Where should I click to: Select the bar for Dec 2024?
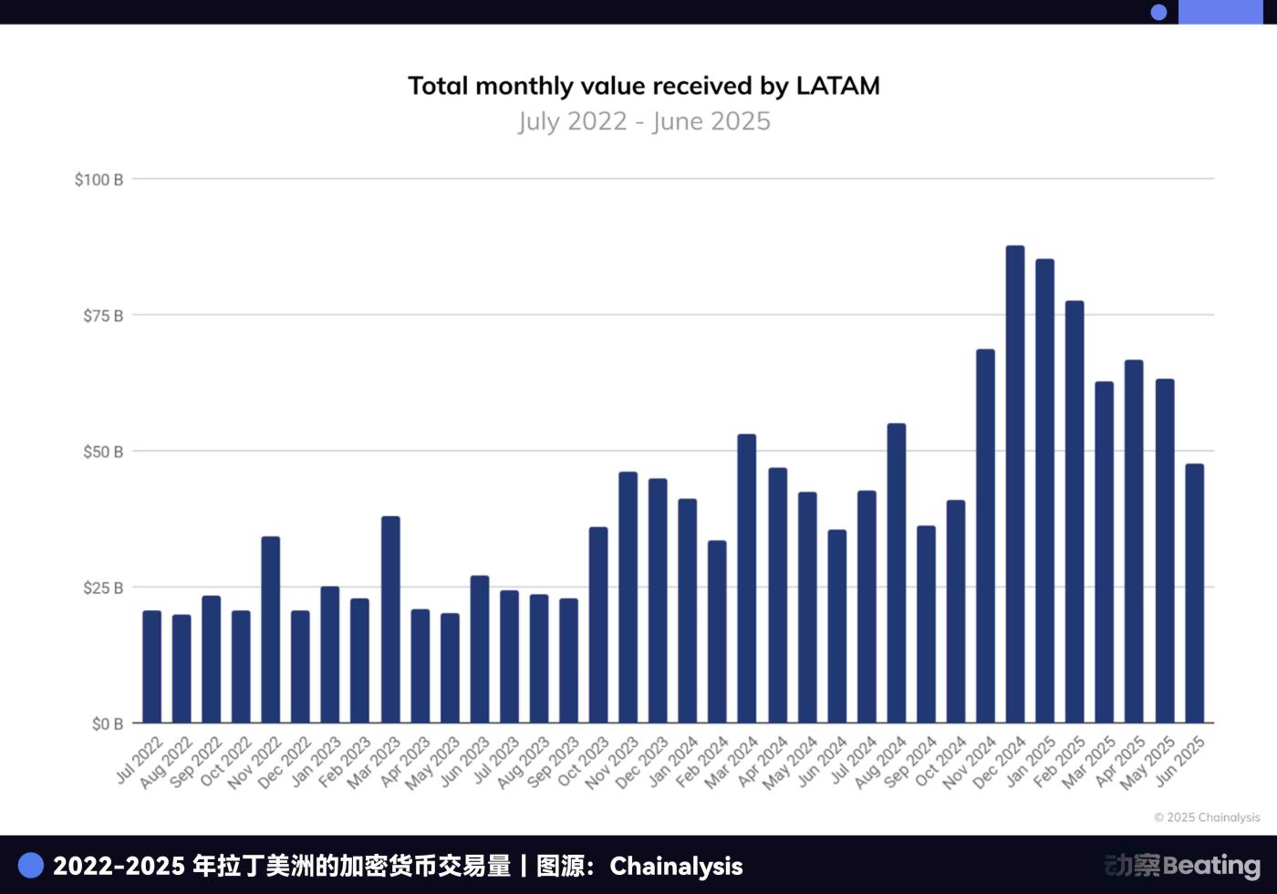click(1015, 484)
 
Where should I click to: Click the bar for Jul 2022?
click(151, 667)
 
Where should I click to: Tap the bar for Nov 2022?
click(271, 629)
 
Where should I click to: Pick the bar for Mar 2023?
click(390, 619)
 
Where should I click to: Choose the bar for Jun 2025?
click(1195, 593)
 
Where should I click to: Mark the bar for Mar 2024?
click(747, 578)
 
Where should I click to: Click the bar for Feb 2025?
click(1075, 512)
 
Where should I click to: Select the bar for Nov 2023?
click(628, 598)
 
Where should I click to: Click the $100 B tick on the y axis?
click(99, 180)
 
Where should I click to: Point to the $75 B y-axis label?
click(103, 316)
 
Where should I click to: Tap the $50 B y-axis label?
click(103, 452)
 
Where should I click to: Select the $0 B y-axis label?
click(107, 724)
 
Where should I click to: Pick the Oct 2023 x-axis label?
click(583, 763)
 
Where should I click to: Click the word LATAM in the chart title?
click(837, 86)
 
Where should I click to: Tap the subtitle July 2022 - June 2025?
click(644, 121)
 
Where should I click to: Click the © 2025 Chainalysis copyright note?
click(1207, 817)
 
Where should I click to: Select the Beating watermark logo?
click(1182, 865)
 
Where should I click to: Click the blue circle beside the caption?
click(31, 865)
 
